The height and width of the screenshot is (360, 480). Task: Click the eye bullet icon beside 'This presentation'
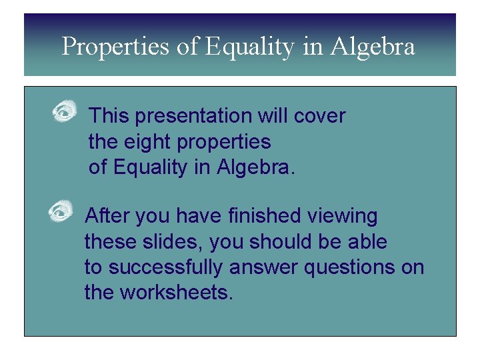pyautogui.click(x=65, y=111)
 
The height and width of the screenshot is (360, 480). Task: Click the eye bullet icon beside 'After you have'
pyautogui.click(x=61, y=211)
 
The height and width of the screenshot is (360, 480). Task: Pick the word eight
pyautogui.click(x=144, y=141)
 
